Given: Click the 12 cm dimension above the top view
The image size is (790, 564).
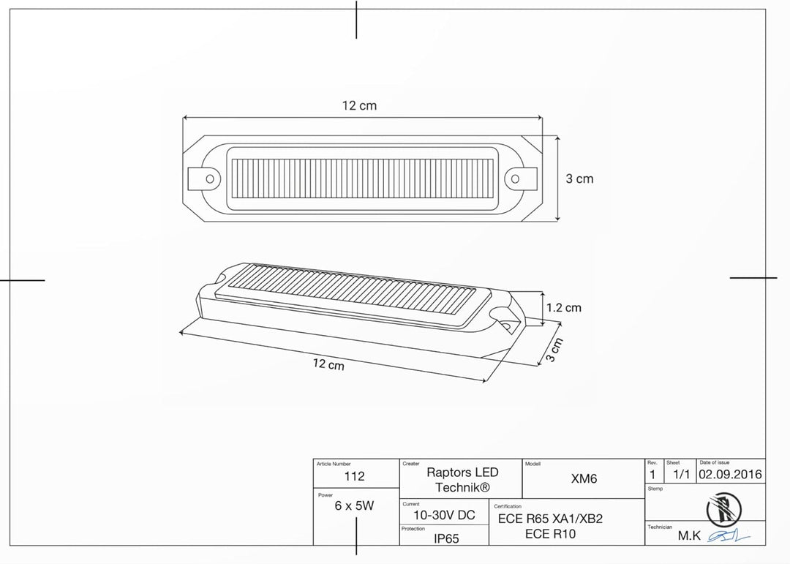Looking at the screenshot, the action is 359,106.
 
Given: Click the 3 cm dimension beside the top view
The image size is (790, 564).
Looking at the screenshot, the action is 579,179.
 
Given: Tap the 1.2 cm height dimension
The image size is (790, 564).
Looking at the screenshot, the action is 564,307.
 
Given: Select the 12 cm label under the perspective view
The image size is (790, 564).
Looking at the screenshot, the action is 328,364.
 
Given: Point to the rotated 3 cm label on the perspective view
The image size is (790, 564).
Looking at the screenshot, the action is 554,350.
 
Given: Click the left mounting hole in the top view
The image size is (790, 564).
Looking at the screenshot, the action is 210,179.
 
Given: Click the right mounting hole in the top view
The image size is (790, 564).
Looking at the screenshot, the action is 516,179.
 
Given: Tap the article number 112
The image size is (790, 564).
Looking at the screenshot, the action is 354,476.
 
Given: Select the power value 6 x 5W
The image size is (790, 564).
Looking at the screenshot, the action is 354,505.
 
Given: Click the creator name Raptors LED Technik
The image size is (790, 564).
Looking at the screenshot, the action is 462,480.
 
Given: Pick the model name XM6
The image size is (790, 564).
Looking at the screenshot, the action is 584,478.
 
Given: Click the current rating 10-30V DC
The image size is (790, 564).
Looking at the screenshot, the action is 444,515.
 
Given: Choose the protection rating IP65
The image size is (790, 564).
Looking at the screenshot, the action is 446,539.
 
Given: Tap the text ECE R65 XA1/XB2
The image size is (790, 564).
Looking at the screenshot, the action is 550,519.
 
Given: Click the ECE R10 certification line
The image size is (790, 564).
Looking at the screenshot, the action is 550,534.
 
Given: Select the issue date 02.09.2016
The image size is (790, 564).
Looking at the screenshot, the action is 730,474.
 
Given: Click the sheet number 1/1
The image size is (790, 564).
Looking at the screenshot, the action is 681,474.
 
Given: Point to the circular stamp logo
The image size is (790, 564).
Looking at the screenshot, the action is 723,510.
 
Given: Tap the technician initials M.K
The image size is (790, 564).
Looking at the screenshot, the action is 689,535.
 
